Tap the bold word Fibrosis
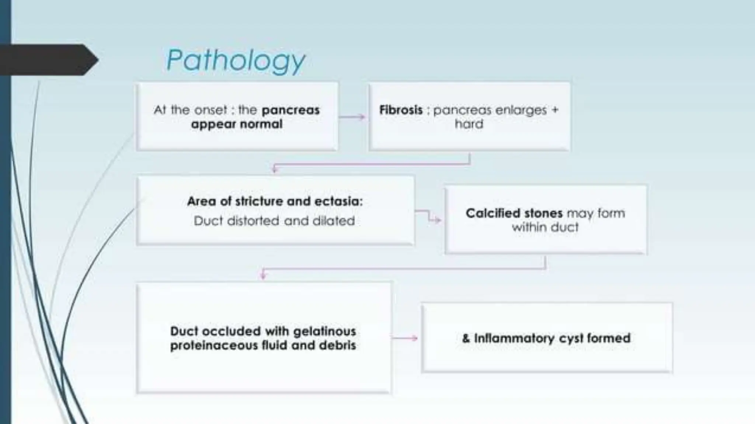pos(401,110)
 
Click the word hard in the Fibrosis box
pos(469,124)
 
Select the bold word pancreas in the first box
pos(290,110)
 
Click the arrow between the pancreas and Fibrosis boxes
pos(352,117)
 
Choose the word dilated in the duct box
pos(334,221)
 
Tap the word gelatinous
pos(324,331)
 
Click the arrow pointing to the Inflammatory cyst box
pos(404,338)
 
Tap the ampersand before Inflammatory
pos(466,338)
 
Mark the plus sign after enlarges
pos(555,110)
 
